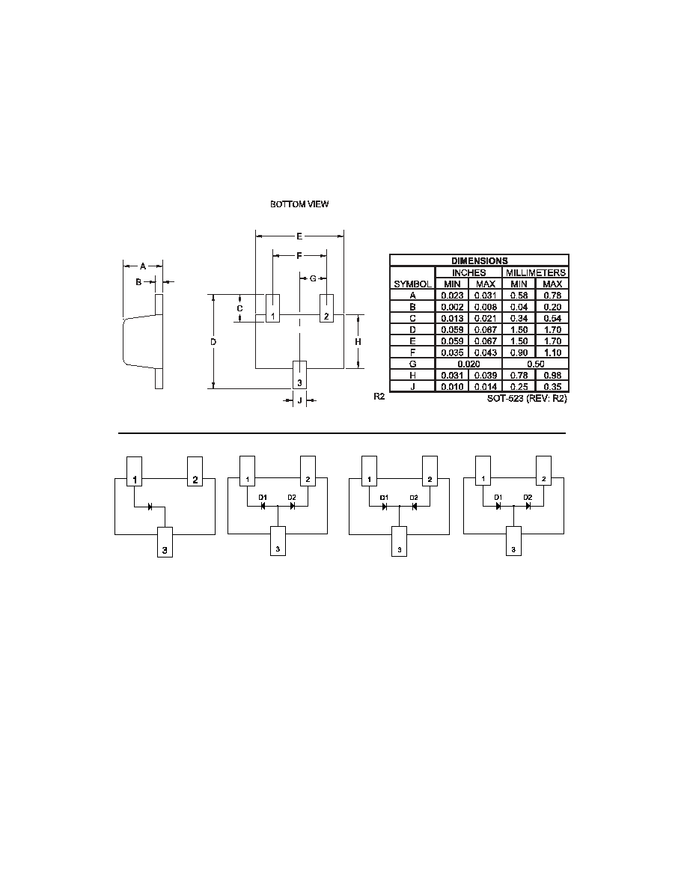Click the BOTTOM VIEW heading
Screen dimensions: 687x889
pyautogui.click(x=299, y=204)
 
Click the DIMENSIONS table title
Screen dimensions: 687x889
pyautogui.click(x=480, y=261)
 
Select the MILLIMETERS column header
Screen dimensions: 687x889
pyautogui.click(x=536, y=272)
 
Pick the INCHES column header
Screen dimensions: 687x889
pyautogui.click(x=468, y=272)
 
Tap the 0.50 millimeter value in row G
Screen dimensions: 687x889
pyautogui.click(x=536, y=364)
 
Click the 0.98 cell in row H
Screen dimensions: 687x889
pyautogui.click(x=552, y=376)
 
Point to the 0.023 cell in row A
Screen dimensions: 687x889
pyautogui.click(x=452, y=296)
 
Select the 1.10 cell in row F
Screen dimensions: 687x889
pyautogui.click(x=552, y=352)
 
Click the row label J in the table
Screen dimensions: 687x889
pyautogui.click(x=412, y=387)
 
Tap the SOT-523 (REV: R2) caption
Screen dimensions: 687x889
pyautogui.click(x=527, y=399)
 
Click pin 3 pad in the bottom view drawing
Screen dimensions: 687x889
pyautogui.click(x=299, y=375)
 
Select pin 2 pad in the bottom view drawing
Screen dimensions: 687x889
pyautogui.click(x=326, y=308)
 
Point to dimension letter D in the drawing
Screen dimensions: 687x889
pyautogui.click(x=213, y=342)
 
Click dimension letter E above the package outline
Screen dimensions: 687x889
pyautogui.click(x=299, y=236)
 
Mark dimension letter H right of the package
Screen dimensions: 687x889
pyautogui.click(x=358, y=342)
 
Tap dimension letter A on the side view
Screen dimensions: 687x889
pyautogui.click(x=143, y=266)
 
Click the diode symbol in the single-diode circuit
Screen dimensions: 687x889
pyautogui.click(x=150, y=507)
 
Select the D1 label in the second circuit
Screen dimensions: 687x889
pyautogui.click(x=263, y=497)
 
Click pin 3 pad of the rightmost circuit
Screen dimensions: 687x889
pyautogui.click(x=513, y=541)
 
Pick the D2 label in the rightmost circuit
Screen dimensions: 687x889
pyautogui.click(x=528, y=497)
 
